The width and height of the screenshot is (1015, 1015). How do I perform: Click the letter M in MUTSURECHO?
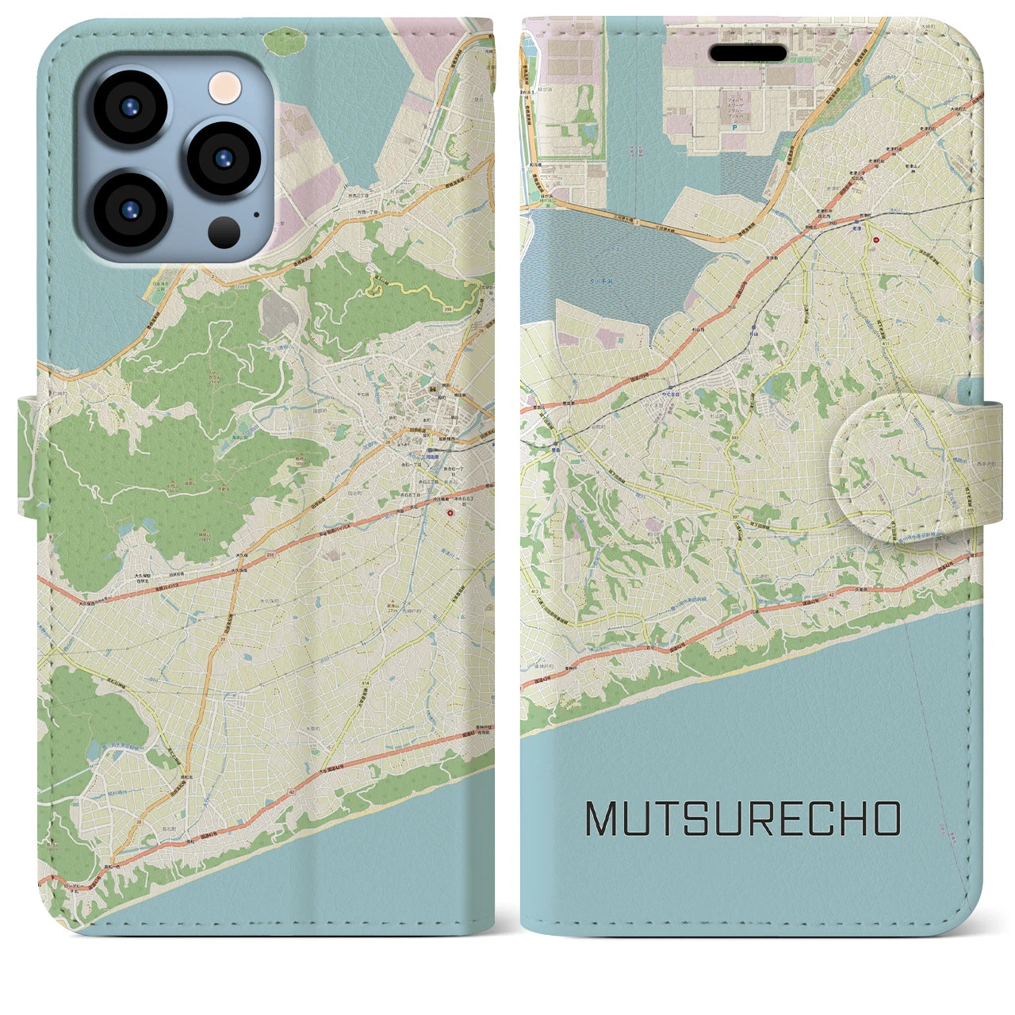[603, 819]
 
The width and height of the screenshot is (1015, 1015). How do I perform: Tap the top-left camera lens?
[129, 107]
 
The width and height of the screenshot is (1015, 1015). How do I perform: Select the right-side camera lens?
[224, 157]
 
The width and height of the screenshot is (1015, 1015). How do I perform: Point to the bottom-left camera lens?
[129, 208]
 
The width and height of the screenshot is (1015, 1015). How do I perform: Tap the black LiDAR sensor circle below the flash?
[224, 232]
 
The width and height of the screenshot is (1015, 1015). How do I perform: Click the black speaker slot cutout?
[748, 53]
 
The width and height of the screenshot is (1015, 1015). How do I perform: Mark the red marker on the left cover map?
[450, 513]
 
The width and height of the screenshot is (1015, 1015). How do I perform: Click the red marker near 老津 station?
[876, 239]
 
